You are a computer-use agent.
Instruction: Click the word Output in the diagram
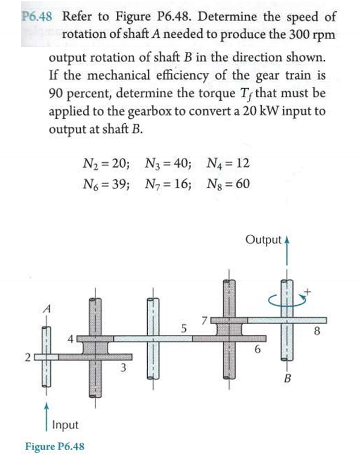263,240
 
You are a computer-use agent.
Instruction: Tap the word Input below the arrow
65,425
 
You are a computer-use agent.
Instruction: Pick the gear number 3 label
123,366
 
